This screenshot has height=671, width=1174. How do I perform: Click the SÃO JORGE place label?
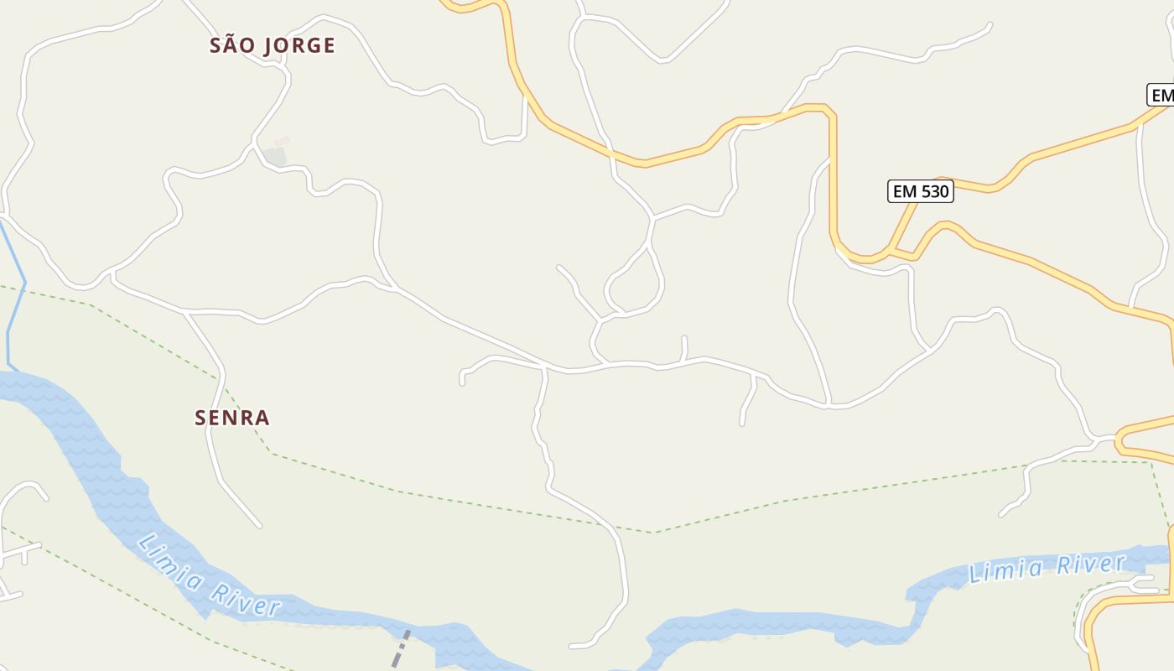[x=272, y=45]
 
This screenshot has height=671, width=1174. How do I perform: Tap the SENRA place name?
[x=232, y=418]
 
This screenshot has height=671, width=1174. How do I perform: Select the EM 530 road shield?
[x=920, y=191]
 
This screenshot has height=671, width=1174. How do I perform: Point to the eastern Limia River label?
[x=1046, y=568]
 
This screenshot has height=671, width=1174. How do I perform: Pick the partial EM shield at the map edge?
[x=1161, y=95]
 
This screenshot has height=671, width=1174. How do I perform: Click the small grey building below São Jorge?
[x=275, y=156]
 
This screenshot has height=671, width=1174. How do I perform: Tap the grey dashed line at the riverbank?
[x=402, y=648]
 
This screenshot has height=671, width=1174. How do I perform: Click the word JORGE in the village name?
[x=299, y=45]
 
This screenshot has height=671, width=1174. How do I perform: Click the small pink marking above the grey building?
[x=282, y=141]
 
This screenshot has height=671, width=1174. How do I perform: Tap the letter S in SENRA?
[x=200, y=418]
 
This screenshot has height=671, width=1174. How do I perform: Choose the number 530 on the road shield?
[x=934, y=191]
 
